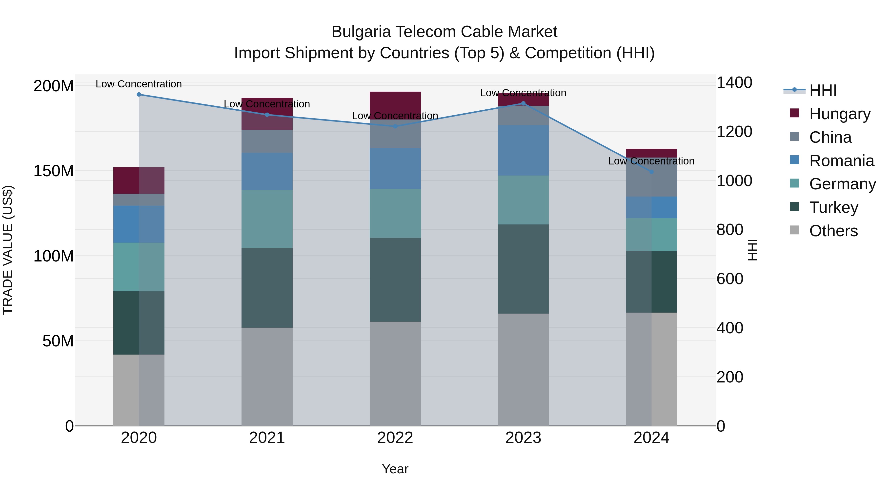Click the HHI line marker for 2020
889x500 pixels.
139,95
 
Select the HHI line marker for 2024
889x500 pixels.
651,172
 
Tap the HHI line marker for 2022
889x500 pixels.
395,126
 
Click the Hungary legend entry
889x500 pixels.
839,114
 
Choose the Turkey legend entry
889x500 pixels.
833,207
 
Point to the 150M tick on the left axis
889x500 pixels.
54,171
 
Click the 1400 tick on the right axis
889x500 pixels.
734,83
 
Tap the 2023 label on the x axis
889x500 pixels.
523,438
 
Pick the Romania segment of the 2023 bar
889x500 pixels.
523,150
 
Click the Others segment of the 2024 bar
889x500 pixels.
651,369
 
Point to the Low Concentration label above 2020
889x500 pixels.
139,84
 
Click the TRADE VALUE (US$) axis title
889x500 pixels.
8,250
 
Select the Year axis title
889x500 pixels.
395,469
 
